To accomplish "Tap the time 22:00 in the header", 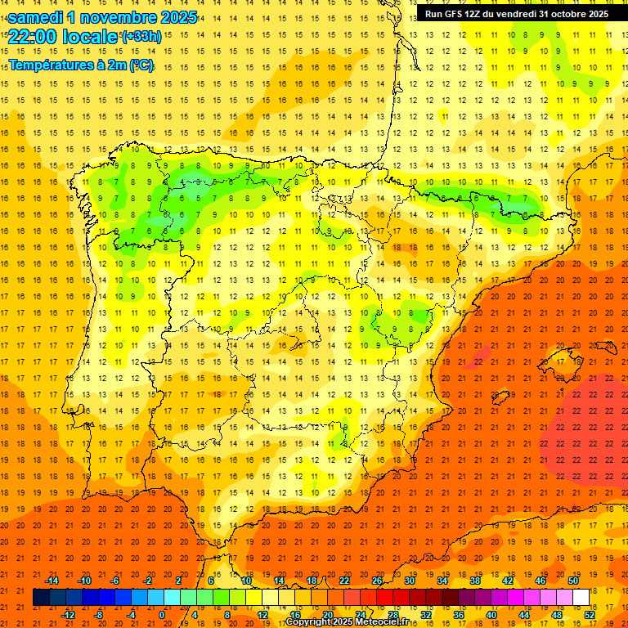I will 34,37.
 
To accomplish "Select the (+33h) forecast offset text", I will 141,37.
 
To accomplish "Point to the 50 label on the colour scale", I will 573,581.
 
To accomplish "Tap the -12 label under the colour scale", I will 69,615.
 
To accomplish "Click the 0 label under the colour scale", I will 162,615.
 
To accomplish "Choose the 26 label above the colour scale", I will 377,581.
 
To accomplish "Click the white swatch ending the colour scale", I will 581,598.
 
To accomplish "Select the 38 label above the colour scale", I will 475,581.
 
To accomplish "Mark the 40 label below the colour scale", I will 491,615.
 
